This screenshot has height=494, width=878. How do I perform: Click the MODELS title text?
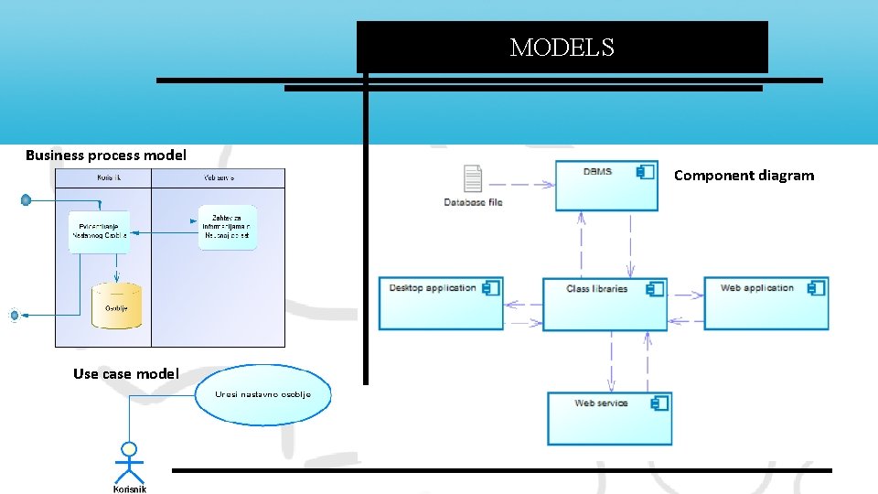coord(562,48)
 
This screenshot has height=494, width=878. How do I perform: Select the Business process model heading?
coord(106,155)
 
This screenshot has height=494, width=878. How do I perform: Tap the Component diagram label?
coord(744,176)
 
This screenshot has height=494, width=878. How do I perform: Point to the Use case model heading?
coord(126,373)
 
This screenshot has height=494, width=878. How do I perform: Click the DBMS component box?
coord(606,186)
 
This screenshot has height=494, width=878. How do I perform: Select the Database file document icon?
coord(473,179)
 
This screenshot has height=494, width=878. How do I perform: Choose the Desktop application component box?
coord(441,304)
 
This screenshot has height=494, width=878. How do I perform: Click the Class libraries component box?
coord(605,304)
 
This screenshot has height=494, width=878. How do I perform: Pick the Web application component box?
coord(766,304)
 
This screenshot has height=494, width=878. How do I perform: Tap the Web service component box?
coord(609,418)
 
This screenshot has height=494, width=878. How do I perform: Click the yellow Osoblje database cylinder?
coord(117,306)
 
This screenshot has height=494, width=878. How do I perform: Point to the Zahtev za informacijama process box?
coord(227,228)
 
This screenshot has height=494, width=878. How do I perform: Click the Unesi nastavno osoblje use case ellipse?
coord(263,395)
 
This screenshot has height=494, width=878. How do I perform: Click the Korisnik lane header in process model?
coord(103,177)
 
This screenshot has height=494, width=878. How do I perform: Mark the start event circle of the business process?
coord(27,199)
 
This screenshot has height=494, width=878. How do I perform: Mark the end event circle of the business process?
coord(14,316)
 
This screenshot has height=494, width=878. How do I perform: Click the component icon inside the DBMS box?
coord(646,172)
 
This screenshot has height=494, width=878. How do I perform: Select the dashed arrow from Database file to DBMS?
coord(530,184)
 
